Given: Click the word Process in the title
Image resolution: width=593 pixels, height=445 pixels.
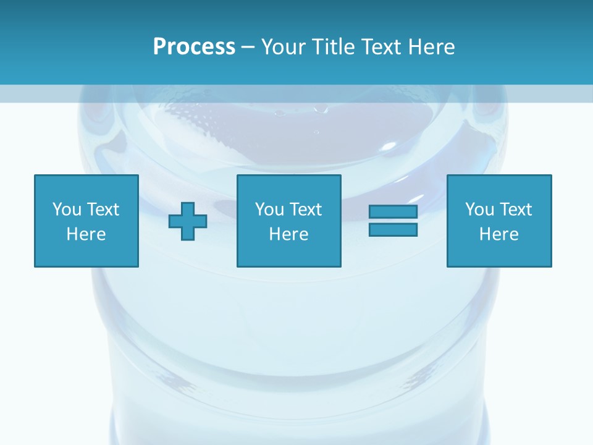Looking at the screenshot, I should pyautogui.click(x=194, y=47).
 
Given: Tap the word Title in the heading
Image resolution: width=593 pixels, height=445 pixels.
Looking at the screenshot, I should pyautogui.click(x=334, y=47).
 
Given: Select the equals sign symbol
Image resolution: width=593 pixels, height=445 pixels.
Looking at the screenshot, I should pyautogui.click(x=393, y=221).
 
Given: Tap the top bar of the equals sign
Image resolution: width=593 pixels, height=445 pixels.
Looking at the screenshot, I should pyautogui.click(x=393, y=212).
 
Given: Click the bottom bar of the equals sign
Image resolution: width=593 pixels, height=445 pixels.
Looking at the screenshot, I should pyautogui.click(x=393, y=229).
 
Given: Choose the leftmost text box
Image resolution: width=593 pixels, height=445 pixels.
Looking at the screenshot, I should pyautogui.click(x=86, y=221).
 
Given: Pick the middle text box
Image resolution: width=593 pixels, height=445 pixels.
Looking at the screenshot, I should pyautogui.click(x=288, y=221).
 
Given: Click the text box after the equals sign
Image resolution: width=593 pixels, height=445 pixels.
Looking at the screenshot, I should pyautogui.click(x=498, y=221).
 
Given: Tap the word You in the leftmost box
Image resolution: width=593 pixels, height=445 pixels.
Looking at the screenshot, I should pyautogui.click(x=66, y=210).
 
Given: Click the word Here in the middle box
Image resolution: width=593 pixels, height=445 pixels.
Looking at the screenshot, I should pyautogui.click(x=288, y=234).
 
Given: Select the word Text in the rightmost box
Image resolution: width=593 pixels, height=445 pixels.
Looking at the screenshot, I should pyautogui.click(x=515, y=210).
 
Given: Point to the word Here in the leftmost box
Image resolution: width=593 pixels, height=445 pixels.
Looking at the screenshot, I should pyautogui.click(x=86, y=234).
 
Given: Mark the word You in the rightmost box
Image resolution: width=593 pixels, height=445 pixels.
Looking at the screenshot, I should pyautogui.click(x=479, y=210).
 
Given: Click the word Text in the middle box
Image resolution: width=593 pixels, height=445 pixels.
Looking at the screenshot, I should pyautogui.click(x=305, y=210).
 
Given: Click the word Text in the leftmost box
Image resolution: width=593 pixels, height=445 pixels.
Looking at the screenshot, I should pyautogui.click(x=102, y=210).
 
